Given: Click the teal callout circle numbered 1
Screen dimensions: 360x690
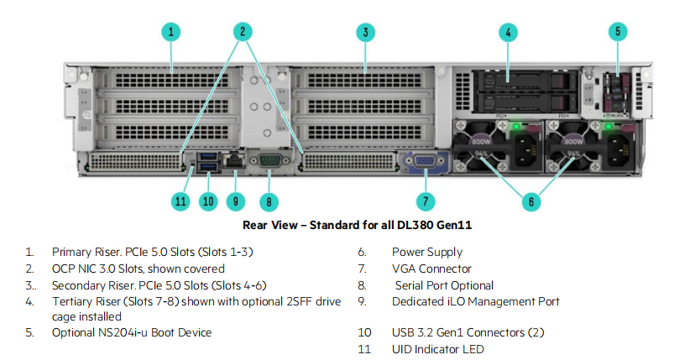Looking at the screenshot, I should click(x=170, y=33).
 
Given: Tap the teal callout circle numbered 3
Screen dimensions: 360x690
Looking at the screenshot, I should click(x=364, y=33).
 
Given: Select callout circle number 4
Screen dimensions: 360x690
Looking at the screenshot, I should click(x=507, y=33).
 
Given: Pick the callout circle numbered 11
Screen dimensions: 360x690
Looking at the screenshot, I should click(x=180, y=201).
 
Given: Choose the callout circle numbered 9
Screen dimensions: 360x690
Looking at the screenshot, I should click(x=236, y=201).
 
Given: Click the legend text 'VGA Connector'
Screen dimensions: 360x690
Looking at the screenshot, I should click(x=431, y=269).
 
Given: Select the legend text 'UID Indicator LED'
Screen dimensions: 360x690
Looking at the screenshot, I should click(x=437, y=348).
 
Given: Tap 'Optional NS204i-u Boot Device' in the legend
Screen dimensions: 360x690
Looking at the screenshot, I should click(x=132, y=332).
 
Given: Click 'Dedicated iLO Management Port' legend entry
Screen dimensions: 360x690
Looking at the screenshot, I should click(x=475, y=301).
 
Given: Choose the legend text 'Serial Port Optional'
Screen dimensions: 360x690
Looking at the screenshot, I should click(x=444, y=285).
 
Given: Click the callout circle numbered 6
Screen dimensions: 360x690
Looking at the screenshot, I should click(x=530, y=201).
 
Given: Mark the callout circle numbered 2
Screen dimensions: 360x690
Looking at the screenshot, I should click(x=241, y=33).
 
